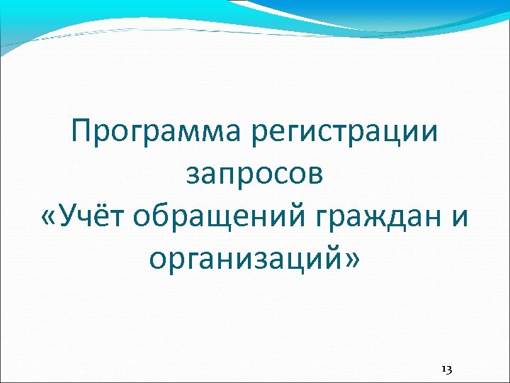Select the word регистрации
click(350, 133)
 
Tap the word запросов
click(255, 174)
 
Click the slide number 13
click(446, 369)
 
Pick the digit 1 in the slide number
click(443, 369)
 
